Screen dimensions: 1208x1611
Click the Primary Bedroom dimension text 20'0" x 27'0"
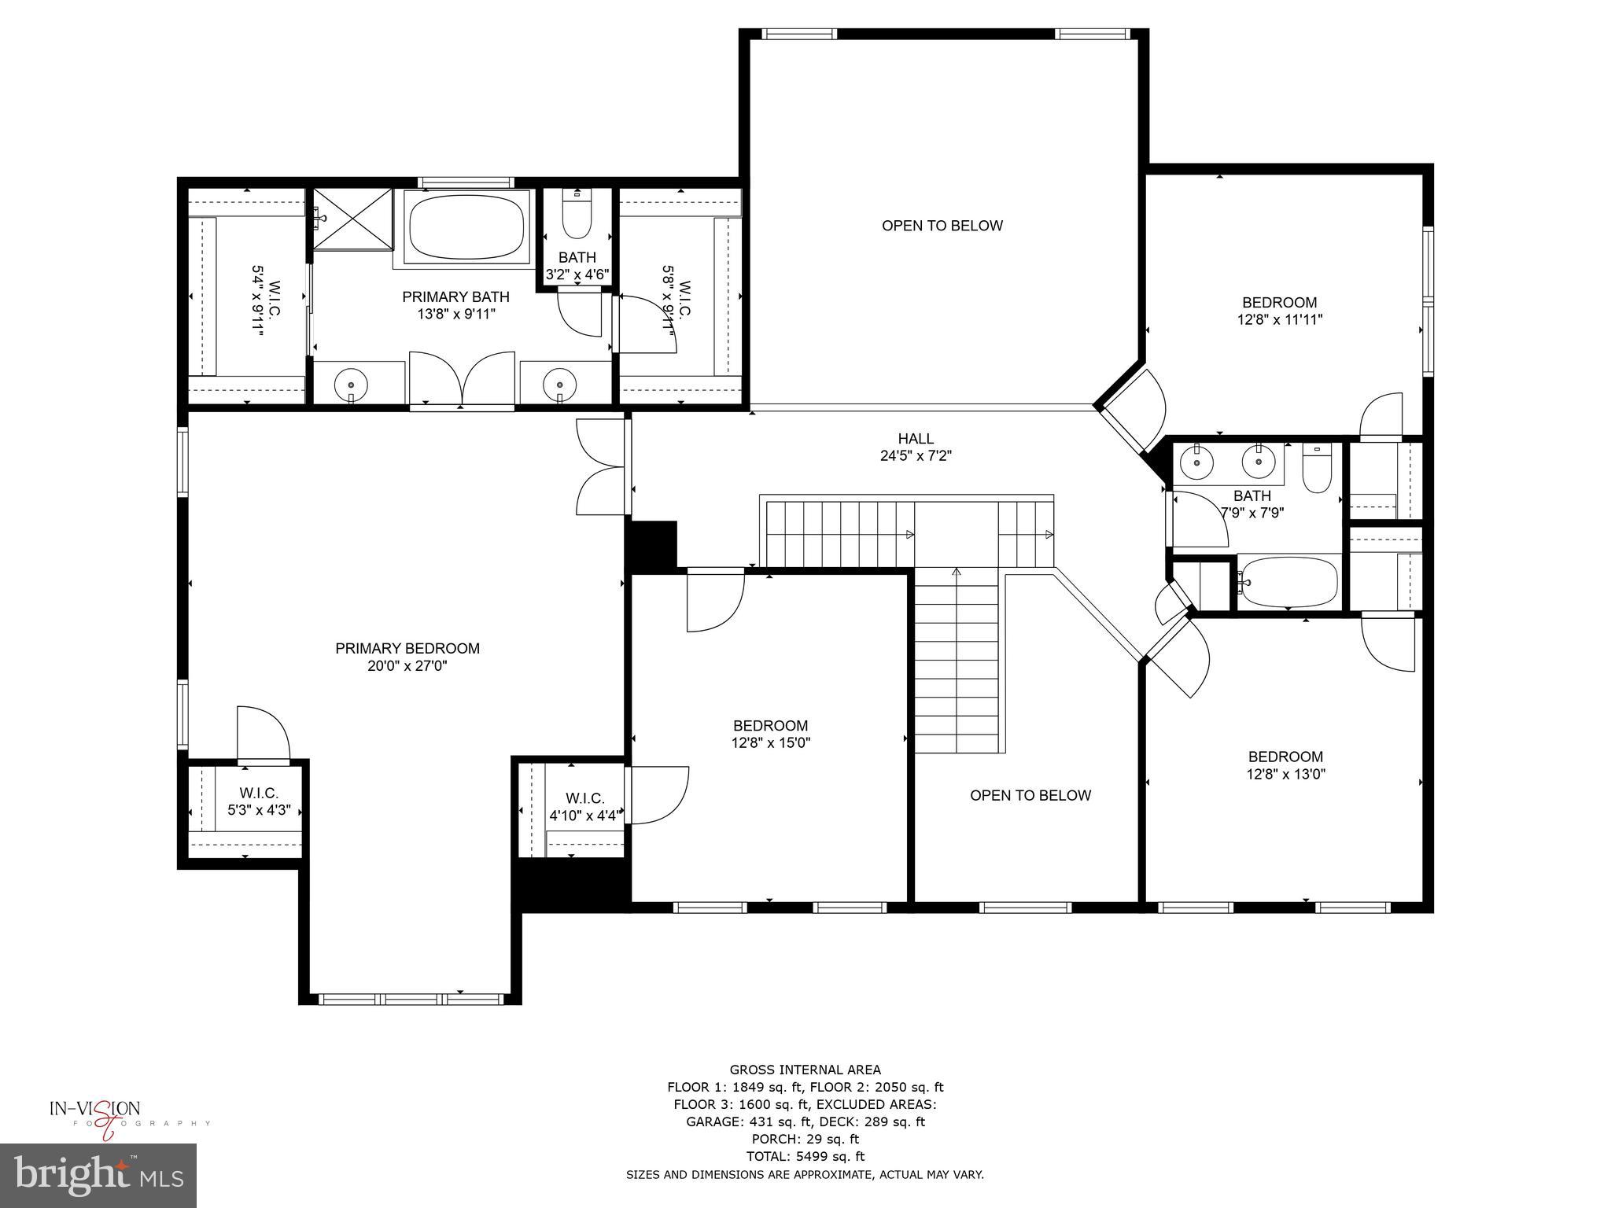point(407,666)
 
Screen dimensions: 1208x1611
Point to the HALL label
point(916,439)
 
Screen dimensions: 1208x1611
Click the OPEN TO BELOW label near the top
point(942,226)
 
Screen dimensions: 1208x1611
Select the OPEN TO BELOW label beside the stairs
point(1030,795)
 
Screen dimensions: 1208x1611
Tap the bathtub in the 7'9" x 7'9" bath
point(1287,582)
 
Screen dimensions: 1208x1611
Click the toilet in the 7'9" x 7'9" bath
point(1315,470)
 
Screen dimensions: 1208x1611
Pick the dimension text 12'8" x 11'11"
point(1279,320)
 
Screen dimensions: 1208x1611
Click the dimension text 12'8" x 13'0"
point(1285,774)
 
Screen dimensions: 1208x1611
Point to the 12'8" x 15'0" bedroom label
point(770,726)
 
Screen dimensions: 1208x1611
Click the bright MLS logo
point(98,1175)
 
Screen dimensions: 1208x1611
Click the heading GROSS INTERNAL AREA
point(805,1070)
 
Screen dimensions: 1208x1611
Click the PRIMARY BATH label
point(455,297)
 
